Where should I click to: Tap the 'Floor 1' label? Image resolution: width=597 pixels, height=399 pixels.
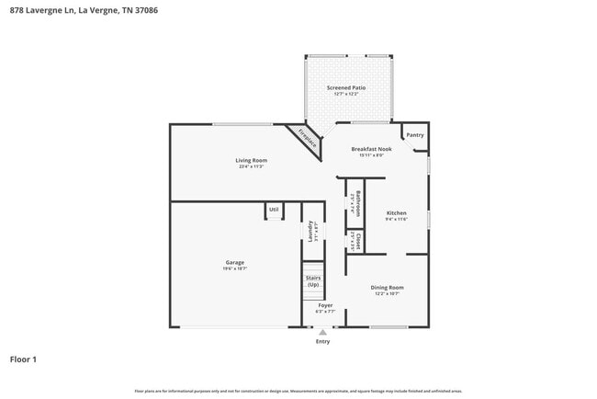coord(23,359)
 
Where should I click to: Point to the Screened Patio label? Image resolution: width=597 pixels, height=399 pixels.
coord(346,87)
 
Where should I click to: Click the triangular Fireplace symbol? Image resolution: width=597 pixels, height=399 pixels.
coord(306,139)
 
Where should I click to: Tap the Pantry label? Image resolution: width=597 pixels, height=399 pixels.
coord(415,135)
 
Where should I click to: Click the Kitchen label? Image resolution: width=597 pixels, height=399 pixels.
coord(396,212)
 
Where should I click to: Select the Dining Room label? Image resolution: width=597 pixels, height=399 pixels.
coord(387,287)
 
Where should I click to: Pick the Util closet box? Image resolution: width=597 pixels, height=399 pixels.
coord(274,211)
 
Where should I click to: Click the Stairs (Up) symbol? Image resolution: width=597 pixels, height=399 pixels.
coord(313,280)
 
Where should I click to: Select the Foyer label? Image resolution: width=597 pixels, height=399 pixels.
coord(325,305)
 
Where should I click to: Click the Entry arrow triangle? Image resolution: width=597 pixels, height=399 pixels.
coord(322,332)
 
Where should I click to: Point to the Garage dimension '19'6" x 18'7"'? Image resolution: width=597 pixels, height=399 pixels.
coord(235,268)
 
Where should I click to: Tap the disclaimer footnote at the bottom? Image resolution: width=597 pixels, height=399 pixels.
coord(298,391)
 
